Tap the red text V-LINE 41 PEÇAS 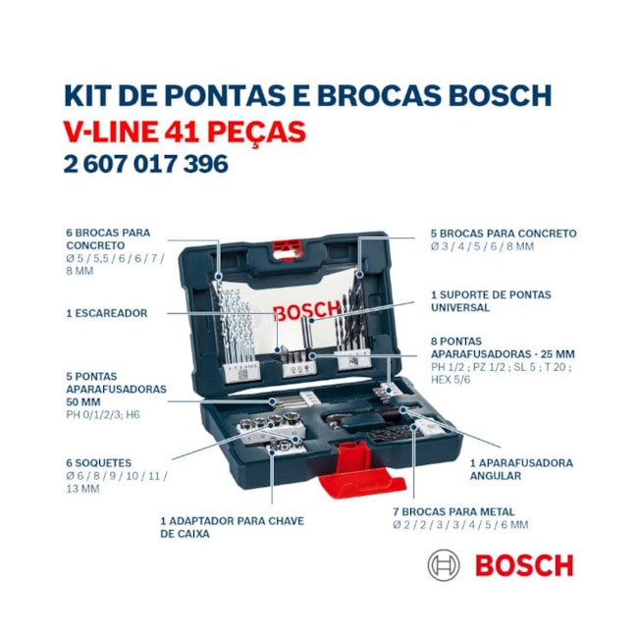tap(184, 131)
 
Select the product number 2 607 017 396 tap(145, 164)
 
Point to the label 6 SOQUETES tap(98, 462)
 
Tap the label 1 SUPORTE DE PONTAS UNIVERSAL tap(490, 300)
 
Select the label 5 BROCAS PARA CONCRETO tap(503, 234)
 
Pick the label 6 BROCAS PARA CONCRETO tap(108, 239)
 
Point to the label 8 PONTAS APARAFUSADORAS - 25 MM tap(502, 346)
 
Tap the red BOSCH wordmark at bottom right tap(523, 565)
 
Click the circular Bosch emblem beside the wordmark tap(444, 565)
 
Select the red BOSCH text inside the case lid tap(304, 313)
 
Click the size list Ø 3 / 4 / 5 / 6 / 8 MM tap(481, 246)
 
